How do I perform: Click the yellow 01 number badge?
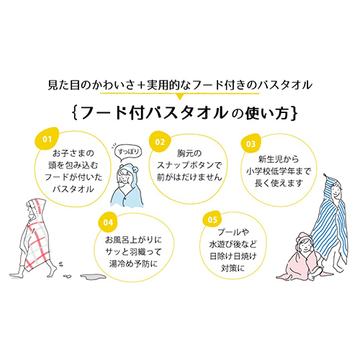click(47, 138)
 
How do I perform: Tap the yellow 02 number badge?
click(160, 142)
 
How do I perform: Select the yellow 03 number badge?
click(251, 143)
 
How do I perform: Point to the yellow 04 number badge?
click(108, 222)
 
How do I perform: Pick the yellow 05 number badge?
click(212, 219)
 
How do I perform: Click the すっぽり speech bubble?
click(128, 152)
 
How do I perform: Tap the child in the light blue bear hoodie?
click(127, 185)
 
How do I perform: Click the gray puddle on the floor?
click(93, 276)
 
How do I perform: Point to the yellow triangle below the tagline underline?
click(180, 96)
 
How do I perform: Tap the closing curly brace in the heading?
click(294, 113)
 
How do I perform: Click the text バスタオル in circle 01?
click(73, 189)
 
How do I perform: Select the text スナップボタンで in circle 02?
click(189, 165)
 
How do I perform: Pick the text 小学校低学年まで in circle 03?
click(279, 171)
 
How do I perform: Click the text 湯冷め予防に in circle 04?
click(133, 264)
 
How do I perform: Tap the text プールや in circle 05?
click(233, 232)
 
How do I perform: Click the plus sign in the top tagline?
click(140, 86)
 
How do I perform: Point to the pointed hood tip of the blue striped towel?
click(325, 175)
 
